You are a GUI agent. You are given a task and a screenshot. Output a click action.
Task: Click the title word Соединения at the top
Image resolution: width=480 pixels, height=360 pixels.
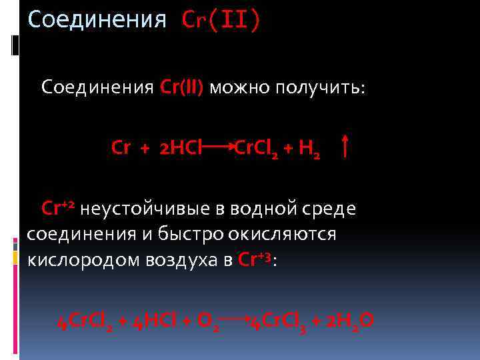tap(97, 19)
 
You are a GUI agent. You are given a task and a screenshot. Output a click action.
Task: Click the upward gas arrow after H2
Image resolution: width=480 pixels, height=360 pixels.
tap(345, 146)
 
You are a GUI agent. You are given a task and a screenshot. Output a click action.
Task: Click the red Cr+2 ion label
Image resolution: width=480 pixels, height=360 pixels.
tap(59, 209)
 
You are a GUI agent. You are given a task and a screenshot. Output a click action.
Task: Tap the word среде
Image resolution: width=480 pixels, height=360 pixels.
tap(331, 209)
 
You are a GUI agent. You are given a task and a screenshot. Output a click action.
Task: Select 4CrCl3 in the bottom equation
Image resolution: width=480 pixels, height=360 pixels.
tap(274, 322)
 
